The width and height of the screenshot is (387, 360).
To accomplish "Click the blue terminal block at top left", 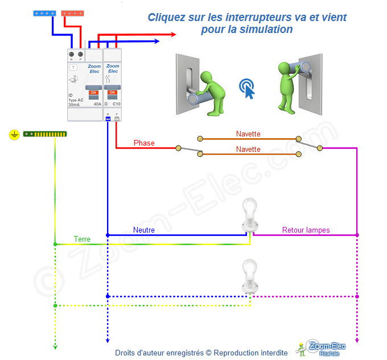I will coord(44,12).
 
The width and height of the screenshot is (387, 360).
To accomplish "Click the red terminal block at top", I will coord(74,12).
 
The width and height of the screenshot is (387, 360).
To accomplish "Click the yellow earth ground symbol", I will coord(14,135).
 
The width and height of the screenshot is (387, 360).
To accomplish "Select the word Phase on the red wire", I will coord(144,143).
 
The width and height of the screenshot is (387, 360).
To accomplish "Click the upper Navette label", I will coord(248,134).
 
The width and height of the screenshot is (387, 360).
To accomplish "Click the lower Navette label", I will coord(248,149).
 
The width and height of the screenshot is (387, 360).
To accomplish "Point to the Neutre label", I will coord(144,230).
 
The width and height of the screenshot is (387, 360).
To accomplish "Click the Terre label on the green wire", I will coord(82,239).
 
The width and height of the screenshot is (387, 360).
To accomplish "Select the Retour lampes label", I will coord(306,230).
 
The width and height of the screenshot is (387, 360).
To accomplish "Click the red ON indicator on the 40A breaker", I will coord(93,92).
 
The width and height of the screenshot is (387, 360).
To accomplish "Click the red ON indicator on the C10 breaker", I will coord(112,92).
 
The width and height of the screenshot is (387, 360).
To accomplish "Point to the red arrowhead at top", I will coord(172,35).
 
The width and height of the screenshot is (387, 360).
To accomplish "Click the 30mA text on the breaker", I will coord(74,105).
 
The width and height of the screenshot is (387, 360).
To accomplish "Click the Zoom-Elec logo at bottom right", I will coord(319,347).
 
